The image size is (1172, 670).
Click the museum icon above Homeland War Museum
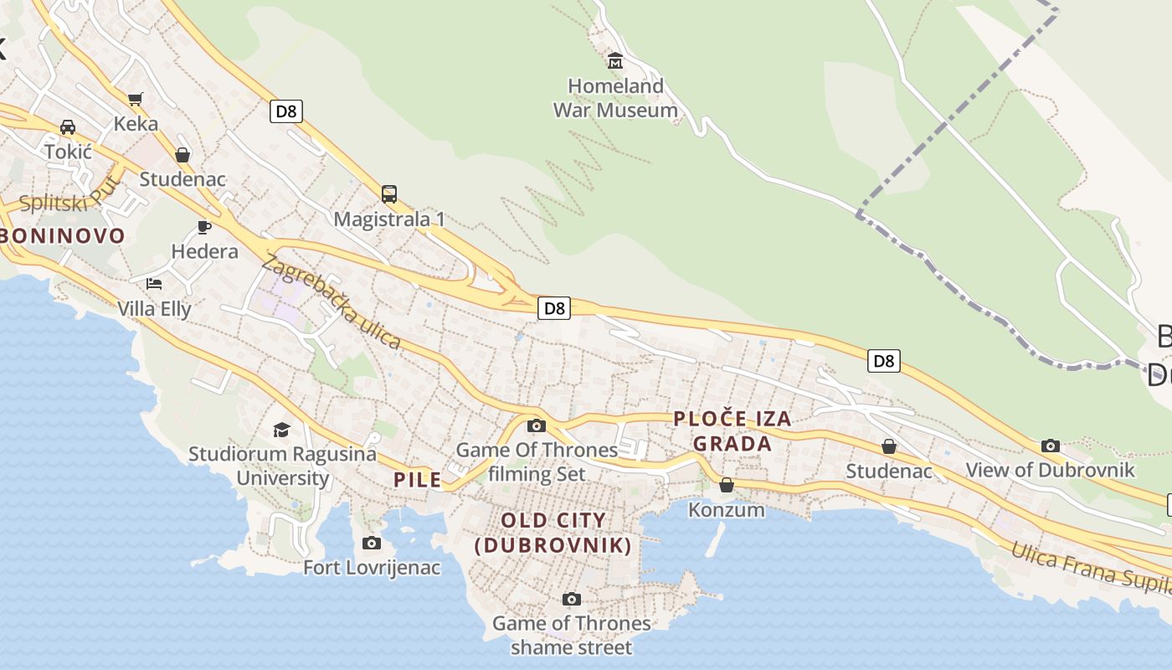pyautogui.click(x=615, y=60)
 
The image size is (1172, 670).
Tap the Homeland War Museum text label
pyautogui.click(x=615, y=98)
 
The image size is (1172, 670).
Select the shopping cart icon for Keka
pyautogui.click(x=136, y=99)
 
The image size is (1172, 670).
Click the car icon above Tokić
pyautogui.click(x=68, y=127)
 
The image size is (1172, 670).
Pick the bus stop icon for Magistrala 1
pyautogui.click(x=389, y=194)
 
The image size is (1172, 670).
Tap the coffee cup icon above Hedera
pyautogui.click(x=204, y=227)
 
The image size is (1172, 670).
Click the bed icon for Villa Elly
pyautogui.click(x=154, y=284)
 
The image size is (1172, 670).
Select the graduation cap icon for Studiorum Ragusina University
pyautogui.click(x=281, y=430)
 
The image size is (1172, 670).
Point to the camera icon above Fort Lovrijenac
pyautogui.click(x=372, y=543)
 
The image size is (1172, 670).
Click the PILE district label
pyautogui.click(x=418, y=480)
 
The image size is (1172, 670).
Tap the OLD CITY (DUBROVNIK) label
pyautogui.click(x=553, y=533)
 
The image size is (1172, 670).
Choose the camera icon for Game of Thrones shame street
pyautogui.click(x=572, y=599)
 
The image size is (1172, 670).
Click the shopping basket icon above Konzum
pyautogui.click(x=727, y=485)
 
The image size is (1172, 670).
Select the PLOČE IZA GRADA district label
pyautogui.click(x=732, y=430)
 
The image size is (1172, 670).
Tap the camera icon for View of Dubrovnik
pyautogui.click(x=1051, y=446)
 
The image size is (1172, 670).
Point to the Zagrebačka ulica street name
pyautogui.click(x=331, y=301)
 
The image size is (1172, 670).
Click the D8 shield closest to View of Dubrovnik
pyautogui.click(x=884, y=361)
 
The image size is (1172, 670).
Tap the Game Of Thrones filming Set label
pyautogui.click(x=537, y=461)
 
